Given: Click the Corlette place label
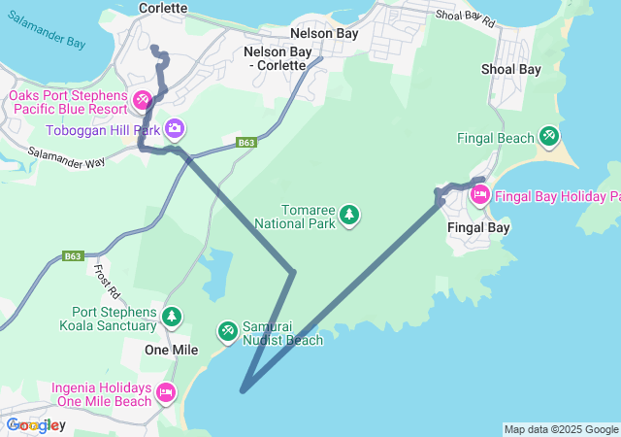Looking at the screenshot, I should pos(163,8).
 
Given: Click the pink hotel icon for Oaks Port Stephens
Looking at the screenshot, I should pos(143,100).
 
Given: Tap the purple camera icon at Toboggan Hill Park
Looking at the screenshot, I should pos(175,128).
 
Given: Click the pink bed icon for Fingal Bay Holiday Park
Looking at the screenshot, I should pos(479,196).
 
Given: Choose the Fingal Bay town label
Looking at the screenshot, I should pos(478,228).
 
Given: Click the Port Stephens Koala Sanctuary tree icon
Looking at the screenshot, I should pos(172,317).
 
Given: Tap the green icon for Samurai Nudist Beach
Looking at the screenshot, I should pos(227,332).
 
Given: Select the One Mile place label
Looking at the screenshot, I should pos(171,350).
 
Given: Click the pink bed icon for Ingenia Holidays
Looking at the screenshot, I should pos(166,392).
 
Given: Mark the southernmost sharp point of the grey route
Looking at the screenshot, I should pos(242,391).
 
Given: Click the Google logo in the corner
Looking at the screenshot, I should pos(33,424).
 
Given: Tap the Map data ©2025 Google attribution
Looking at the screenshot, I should pos(561,429).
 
